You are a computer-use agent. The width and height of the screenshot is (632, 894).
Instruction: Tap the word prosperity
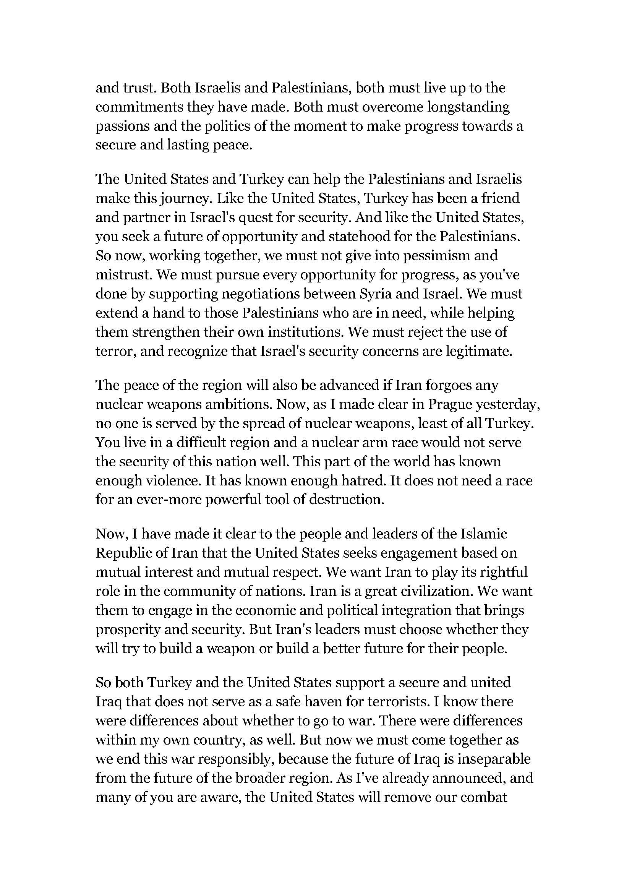click(x=128, y=630)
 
